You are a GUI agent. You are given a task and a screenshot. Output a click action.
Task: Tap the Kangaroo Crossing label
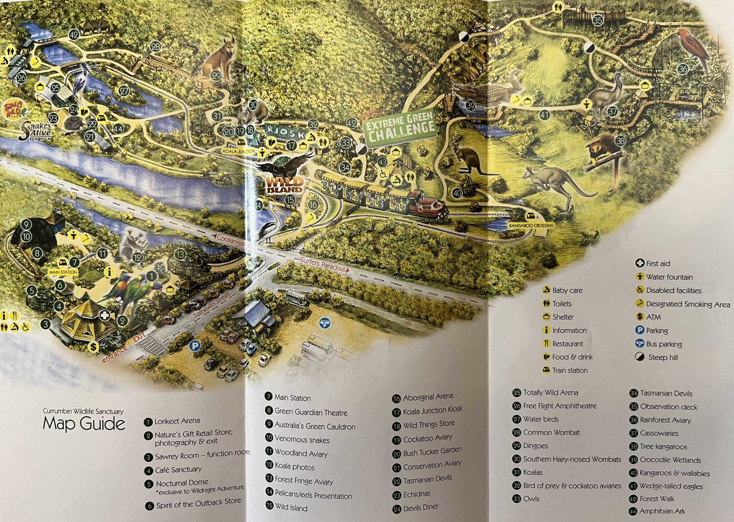pos(531,225)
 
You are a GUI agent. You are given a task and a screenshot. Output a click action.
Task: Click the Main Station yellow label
pos(63,272)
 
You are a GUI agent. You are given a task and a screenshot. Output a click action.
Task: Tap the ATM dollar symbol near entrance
pos(93,347)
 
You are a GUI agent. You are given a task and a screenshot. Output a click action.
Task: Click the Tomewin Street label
pos(212,305)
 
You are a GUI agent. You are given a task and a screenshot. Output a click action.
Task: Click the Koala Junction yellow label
pos(239,151)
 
